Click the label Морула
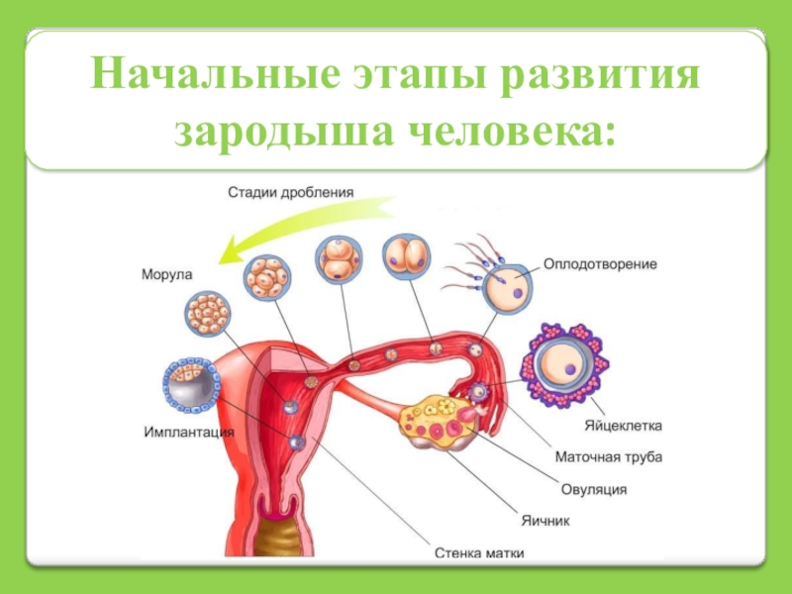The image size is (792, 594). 166,273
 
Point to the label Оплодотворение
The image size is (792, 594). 600,264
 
